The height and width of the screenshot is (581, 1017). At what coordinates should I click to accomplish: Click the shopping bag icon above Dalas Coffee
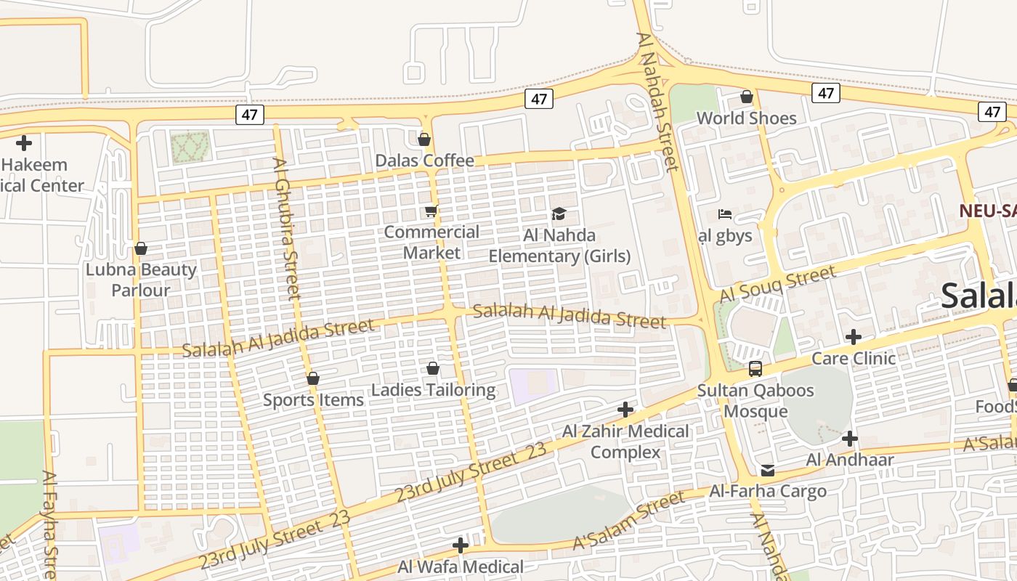pos(424,139)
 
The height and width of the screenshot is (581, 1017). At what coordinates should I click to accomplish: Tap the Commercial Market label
pos(431,243)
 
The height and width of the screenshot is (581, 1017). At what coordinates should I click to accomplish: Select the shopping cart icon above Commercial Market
pos(431,211)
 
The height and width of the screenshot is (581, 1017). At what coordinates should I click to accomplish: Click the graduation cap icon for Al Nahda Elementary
pos(559,214)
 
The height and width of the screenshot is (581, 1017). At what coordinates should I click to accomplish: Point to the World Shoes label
pos(746,118)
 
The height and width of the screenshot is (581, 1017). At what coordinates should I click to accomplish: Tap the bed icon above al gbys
pos(724,214)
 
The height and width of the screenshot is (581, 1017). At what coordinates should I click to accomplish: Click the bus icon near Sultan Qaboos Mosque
pos(755,369)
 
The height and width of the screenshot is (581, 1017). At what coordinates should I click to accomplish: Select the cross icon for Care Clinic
pos(854,337)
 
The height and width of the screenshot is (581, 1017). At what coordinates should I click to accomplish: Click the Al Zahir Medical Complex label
pos(625,442)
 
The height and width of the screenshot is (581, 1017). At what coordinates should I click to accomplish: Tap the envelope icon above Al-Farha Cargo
pos(767,471)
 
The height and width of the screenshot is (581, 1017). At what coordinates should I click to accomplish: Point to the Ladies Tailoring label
pos(433,390)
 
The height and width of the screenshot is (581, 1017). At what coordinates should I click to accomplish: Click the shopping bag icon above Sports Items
pos(313,378)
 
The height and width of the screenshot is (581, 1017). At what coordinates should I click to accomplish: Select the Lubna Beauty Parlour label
pos(141,280)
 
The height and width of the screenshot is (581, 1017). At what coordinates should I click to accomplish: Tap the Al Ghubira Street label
pos(287,229)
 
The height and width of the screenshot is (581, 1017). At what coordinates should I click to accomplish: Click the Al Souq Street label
pos(777,285)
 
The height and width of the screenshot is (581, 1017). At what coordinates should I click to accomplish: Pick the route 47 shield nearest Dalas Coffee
pos(538,99)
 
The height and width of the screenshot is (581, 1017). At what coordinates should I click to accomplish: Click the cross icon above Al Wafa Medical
pos(460,545)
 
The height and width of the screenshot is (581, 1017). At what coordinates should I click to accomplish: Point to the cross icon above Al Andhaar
pos(849,439)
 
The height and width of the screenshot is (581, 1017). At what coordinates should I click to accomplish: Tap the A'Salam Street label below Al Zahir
pos(628,521)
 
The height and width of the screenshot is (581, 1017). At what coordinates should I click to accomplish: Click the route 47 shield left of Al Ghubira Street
pos(249,115)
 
